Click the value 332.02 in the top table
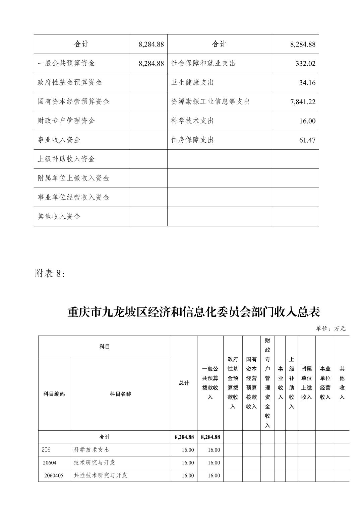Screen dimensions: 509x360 [x=305, y=64]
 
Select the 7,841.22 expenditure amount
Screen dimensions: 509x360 [x=303, y=102]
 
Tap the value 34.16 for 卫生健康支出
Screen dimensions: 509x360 [x=307, y=83]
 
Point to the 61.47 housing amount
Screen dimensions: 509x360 [x=307, y=140]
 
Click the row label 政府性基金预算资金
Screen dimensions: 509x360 [x=70, y=82]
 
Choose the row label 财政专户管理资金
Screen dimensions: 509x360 [x=66, y=121]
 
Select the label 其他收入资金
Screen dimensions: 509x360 [x=59, y=216]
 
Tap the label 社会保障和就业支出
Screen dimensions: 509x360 [x=203, y=63]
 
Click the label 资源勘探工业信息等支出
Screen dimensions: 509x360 [x=211, y=101]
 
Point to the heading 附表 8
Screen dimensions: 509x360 [x=50, y=274]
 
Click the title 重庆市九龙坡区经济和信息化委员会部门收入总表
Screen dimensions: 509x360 [x=194, y=312]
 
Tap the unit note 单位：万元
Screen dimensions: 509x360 [x=330, y=329]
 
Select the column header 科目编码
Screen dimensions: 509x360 [x=54, y=394]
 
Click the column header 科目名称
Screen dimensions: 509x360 [x=120, y=394]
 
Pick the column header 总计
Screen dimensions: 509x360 [x=184, y=383]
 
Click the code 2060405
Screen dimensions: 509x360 [x=54, y=476]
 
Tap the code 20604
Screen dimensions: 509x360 [x=50, y=463]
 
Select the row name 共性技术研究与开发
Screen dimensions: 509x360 [x=101, y=476]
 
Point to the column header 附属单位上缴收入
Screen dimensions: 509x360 [x=306, y=383]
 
